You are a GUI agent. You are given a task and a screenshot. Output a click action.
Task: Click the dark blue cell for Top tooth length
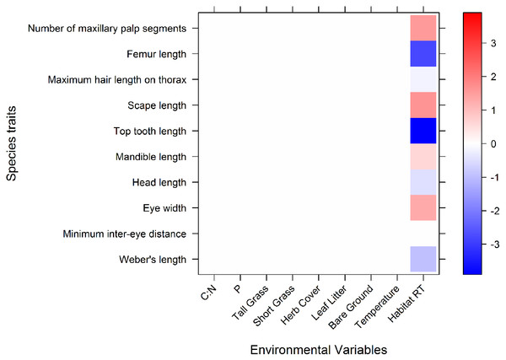(x=423, y=131)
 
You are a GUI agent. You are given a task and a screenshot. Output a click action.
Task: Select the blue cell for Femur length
(x=423, y=54)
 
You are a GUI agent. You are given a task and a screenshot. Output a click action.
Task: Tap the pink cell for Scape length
(x=423, y=105)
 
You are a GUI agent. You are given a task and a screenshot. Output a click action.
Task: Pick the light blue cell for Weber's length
(x=423, y=259)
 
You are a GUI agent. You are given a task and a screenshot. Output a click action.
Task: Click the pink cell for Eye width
(x=423, y=207)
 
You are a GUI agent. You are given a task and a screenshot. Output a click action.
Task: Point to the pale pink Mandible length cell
(x=423, y=157)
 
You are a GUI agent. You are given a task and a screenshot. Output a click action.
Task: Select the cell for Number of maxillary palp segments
(x=423, y=28)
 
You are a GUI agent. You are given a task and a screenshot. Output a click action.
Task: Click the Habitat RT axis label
(x=406, y=304)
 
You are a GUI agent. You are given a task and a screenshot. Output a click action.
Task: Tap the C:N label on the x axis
(x=208, y=293)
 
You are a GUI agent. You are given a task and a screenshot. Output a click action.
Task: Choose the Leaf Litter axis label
(x=329, y=303)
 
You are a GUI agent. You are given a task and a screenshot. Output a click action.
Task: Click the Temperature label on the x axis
(x=377, y=307)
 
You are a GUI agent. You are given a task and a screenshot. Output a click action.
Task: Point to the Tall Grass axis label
(x=250, y=303)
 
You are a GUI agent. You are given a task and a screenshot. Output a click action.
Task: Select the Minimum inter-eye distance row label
(x=124, y=234)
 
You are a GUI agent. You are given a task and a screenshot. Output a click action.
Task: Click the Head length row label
(x=159, y=182)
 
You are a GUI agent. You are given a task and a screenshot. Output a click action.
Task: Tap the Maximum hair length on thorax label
(x=117, y=79)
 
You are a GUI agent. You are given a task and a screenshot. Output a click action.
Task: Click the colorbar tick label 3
(x=493, y=43)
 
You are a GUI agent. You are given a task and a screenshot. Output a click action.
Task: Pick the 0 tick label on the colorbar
(x=493, y=143)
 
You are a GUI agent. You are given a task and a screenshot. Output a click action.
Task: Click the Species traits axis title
(x=11, y=143)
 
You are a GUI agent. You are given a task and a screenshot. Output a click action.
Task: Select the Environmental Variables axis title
(x=319, y=350)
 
